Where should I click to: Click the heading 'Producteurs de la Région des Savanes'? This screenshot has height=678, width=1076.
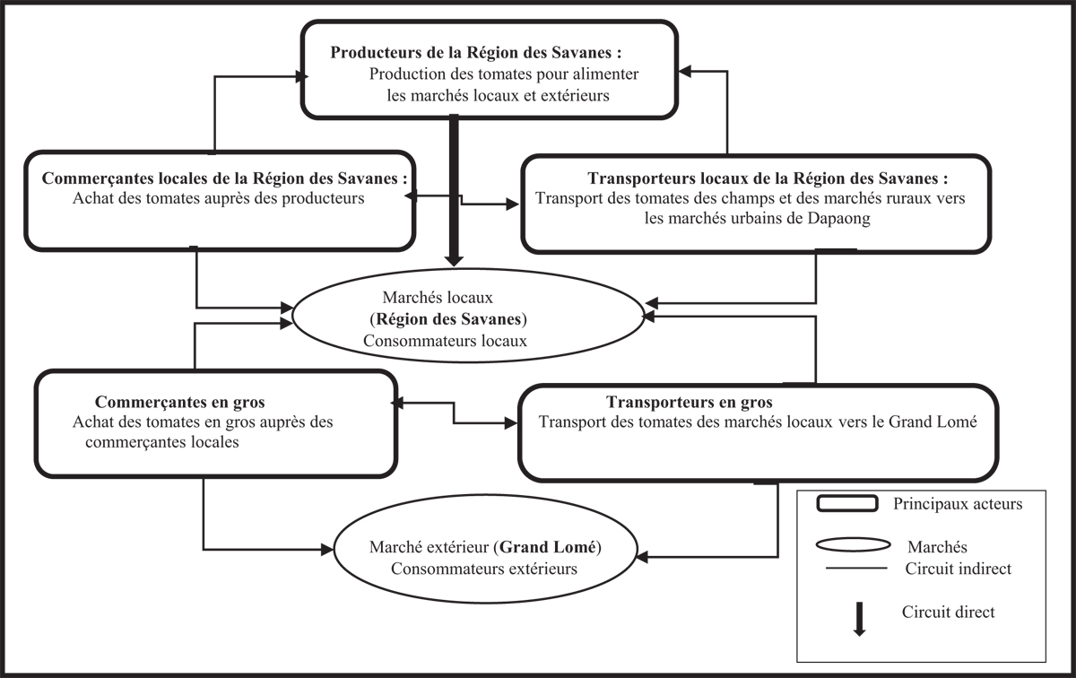(x=471, y=52)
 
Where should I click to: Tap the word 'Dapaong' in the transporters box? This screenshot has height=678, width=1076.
(x=838, y=219)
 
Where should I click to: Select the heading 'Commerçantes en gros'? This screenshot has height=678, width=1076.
(x=179, y=402)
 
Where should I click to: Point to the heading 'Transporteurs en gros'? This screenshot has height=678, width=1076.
(x=690, y=402)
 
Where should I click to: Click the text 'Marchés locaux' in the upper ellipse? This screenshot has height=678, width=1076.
(x=438, y=298)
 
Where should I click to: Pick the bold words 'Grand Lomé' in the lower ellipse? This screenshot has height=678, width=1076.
(x=548, y=547)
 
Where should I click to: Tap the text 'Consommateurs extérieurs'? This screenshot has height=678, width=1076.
(x=483, y=569)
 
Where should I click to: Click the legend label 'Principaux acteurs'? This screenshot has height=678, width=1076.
(x=958, y=504)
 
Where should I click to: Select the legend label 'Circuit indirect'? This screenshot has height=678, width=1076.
(x=959, y=569)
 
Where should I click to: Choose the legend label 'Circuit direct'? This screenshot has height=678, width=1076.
(x=949, y=613)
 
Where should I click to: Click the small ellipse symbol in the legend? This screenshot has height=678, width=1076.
(x=853, y=545)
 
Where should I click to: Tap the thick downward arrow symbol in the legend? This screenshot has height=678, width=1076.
(x=859, y=619)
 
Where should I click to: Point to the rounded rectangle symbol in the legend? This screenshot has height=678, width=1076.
(x=847, y=504)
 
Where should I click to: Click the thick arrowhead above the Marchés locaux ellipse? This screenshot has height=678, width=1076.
(x=454, y=260)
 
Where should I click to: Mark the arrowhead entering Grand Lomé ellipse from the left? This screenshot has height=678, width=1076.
(x=327, y=549)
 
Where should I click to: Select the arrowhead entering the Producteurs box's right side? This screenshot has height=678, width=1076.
(x=684, y=71)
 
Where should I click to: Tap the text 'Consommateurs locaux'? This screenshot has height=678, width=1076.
(x=445, y=341)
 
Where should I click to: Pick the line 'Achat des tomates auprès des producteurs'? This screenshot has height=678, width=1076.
(x=219, y=198)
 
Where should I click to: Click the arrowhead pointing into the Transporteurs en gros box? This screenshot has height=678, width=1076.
(x=511, y=423)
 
